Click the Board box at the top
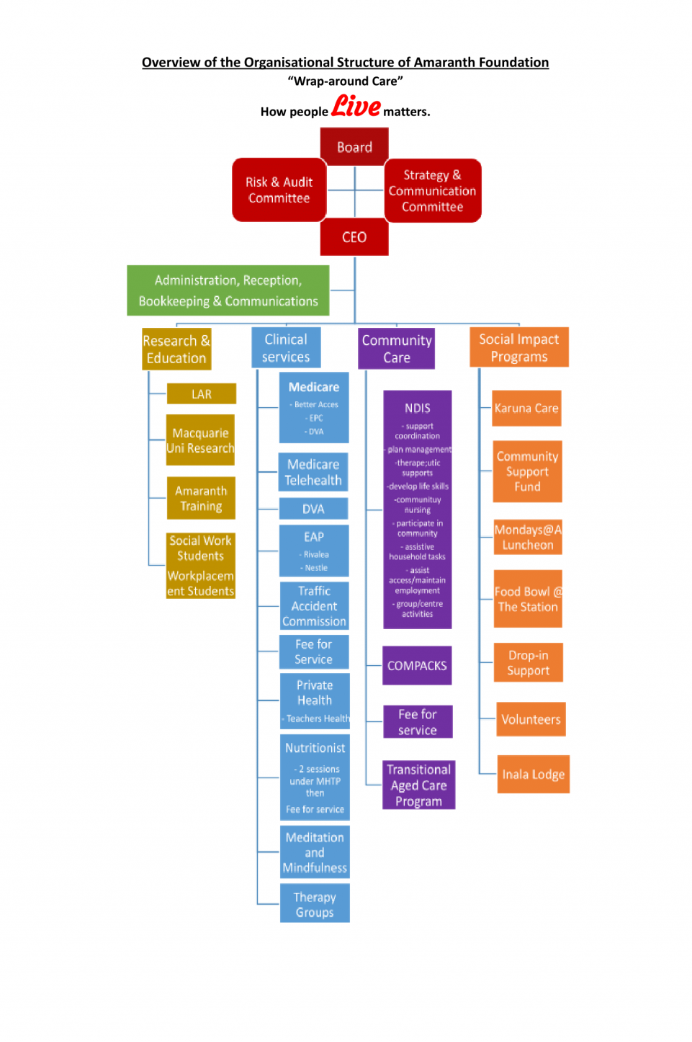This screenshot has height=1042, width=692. pyautogui.click(x=354, y=147)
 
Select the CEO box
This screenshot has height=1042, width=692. pyautogui.click(x=354, y=238)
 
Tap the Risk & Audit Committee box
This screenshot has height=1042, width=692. pyautogui.click(x=279, y=190)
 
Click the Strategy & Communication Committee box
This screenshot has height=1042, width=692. pyautogui.click(x=432, y=191)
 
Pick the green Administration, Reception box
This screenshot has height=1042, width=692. pyautogui.click(x=228, y=290)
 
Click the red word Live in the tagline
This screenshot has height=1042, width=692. pyautogui.click(x=356, y=107)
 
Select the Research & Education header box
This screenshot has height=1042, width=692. pyautogui.click(x=176, y=349)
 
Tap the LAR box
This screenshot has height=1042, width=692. pyautogui.click(x=202, y=394)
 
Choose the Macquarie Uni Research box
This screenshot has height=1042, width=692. pyautogui.click(x=200, y=440)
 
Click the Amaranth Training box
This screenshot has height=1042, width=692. pyautogui.click(x=201, y=499)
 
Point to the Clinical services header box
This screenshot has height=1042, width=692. pyautogui.click(x=286, y=348)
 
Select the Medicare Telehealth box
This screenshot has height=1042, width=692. pyautogui.click(x=313, y=473)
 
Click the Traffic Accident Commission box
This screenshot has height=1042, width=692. pyautogui.click(x=314, y=606)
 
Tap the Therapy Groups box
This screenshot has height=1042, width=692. pyautogui.click(x=315, y=904)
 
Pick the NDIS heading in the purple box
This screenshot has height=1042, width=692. pyautogui.click(x=418, y=409)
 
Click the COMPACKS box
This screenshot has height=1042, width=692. pyautogui.click(x=417, y=666)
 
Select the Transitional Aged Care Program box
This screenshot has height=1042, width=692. pyautogui.click(x=418, y=785)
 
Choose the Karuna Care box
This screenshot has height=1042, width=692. pyautogui.click(x=526, y=409)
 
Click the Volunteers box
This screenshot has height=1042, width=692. pyautogui.click(x=531, y=720)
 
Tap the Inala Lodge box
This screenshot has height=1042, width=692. pyautogui.click(x=534, y=775)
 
